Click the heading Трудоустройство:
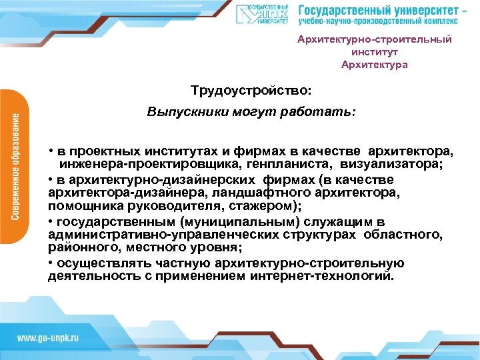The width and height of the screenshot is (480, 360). (x=251, y=89)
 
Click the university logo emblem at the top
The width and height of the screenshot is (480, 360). (x=262, y=15)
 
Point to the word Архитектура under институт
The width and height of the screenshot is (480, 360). (x=374, y=65)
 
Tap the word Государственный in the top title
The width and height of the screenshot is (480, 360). (x=341, y=11)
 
